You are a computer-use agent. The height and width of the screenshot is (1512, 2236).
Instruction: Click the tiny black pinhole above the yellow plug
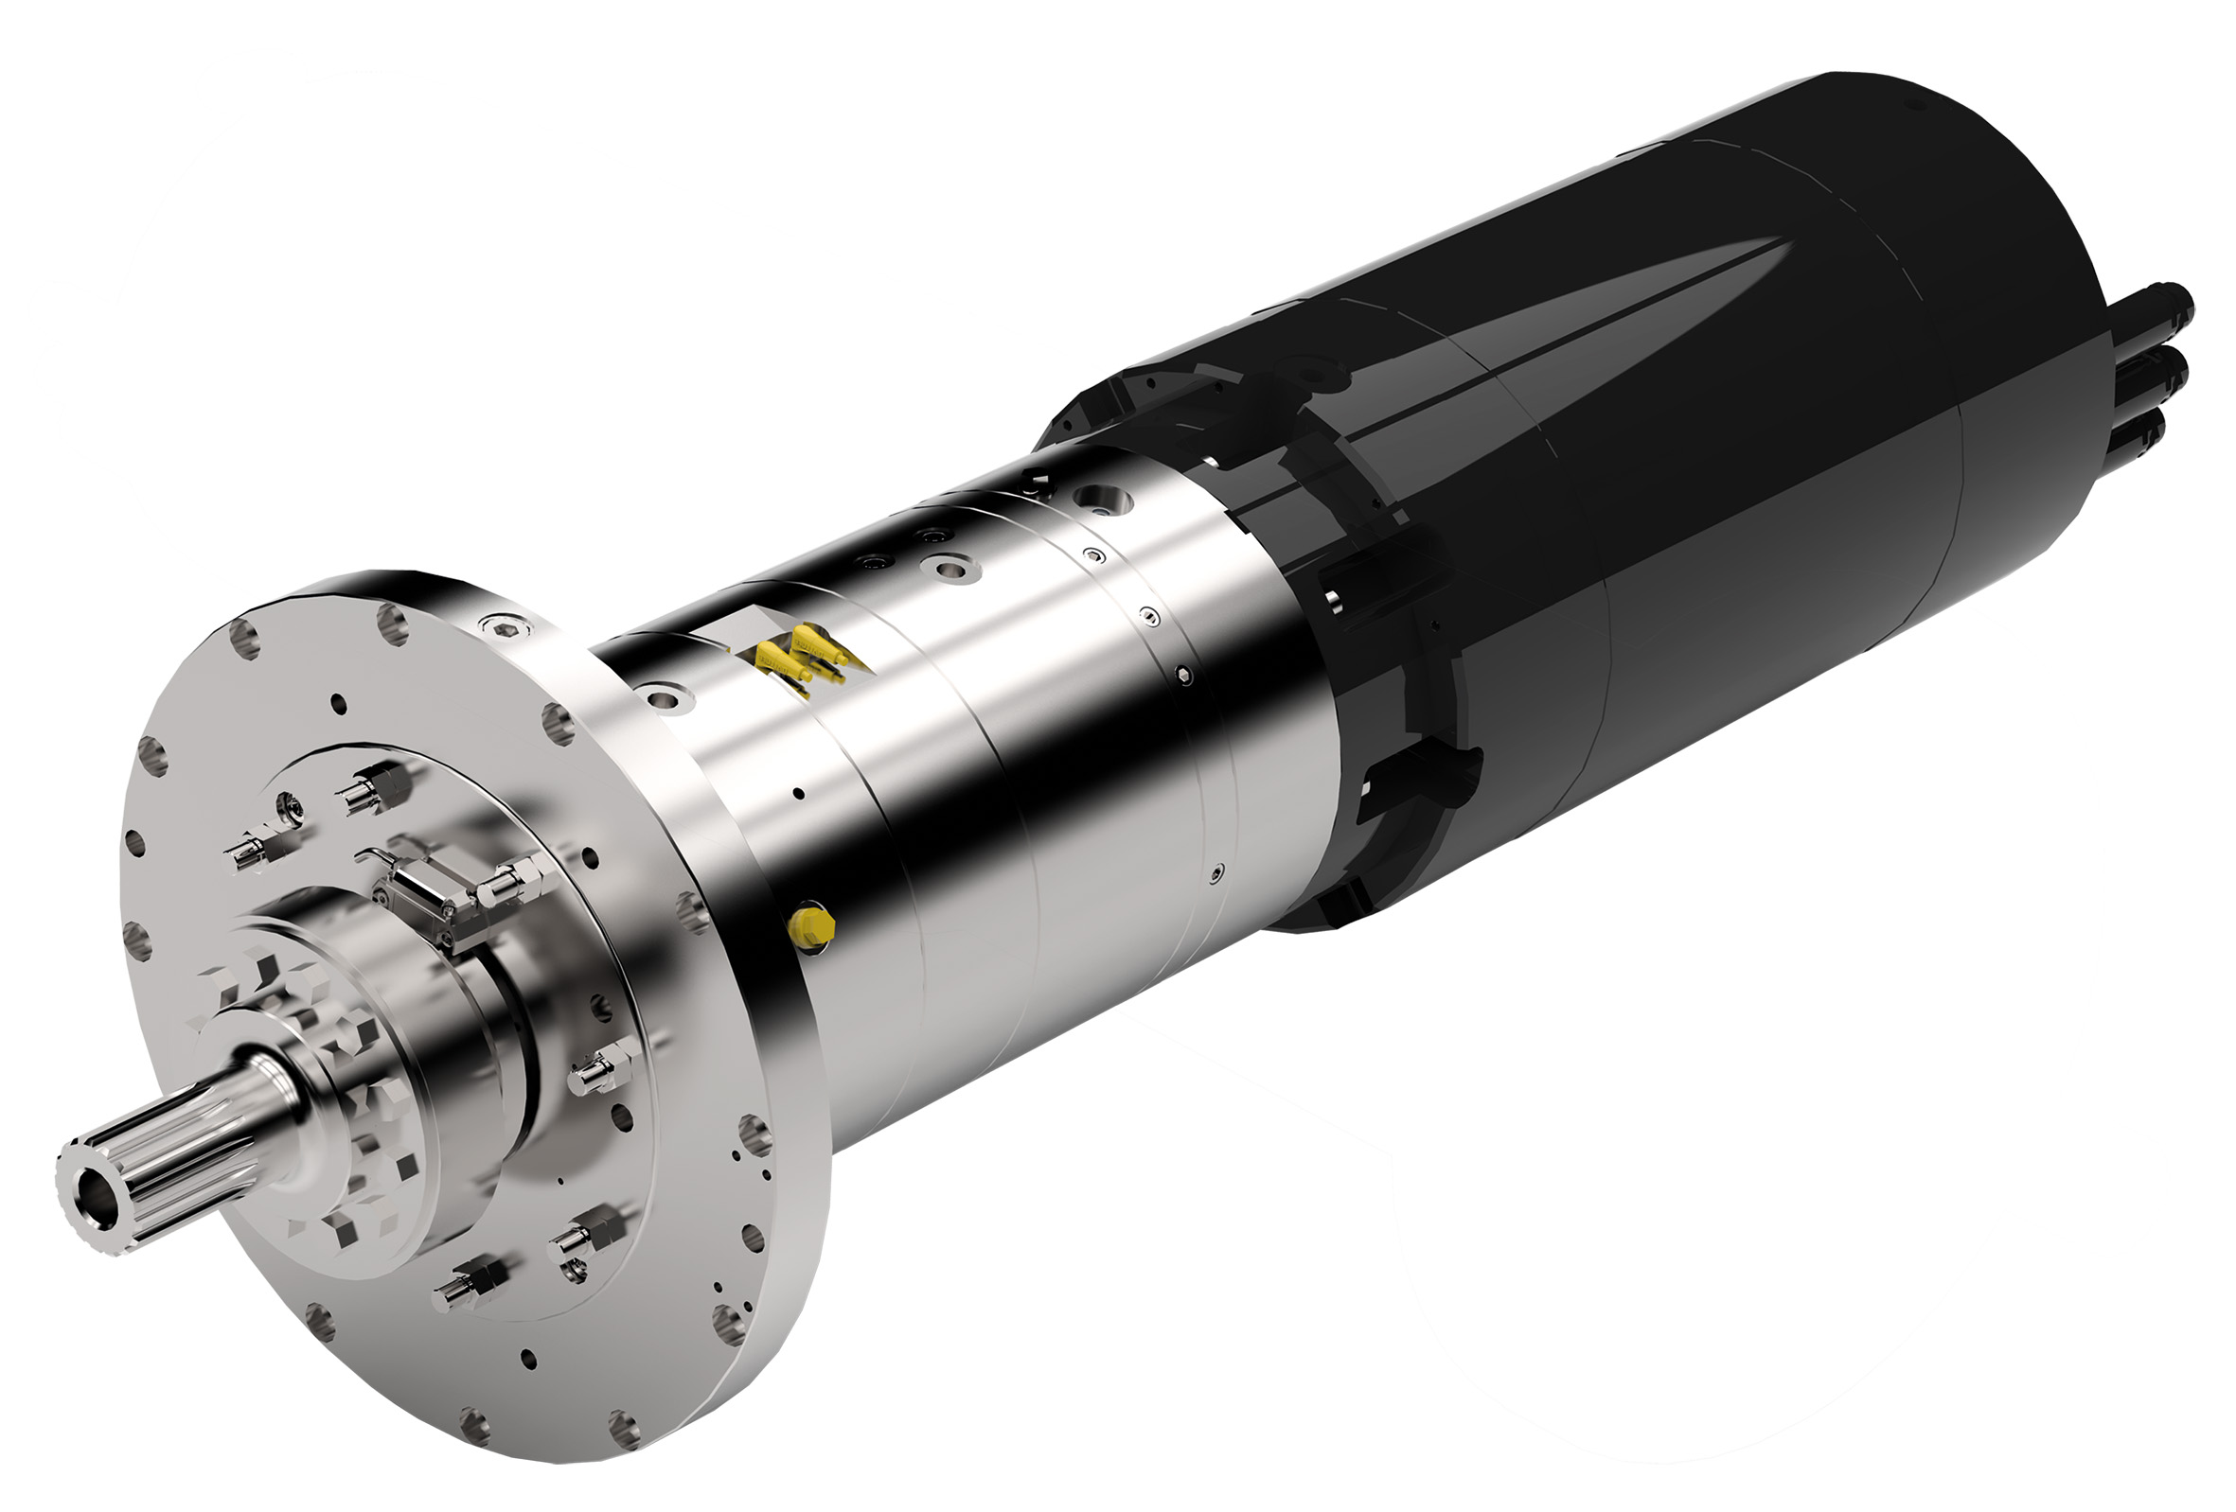pos(798,794)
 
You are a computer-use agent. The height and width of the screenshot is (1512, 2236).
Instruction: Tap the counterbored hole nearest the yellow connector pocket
pos(665,695)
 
